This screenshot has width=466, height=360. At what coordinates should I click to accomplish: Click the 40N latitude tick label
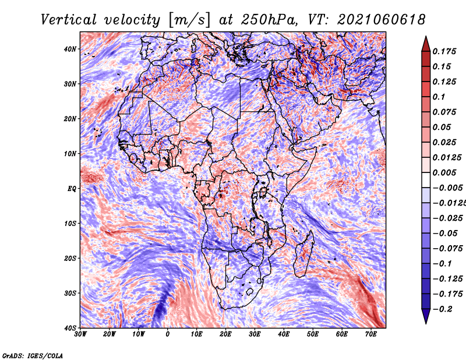click(x=70, y=49)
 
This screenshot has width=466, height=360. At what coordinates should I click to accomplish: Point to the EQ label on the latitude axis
click(x=72, y=189)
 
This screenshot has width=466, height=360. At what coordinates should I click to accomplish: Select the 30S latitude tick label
click(x=70, y=294)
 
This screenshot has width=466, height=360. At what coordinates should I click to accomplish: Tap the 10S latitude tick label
click(x=70, y=224)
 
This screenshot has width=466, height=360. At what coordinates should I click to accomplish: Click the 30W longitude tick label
click(x=80, y=334)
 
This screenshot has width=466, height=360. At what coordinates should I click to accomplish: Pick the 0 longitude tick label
click(x=168, y=334)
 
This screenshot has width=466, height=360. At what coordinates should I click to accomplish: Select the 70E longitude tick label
click(x=371, y=334)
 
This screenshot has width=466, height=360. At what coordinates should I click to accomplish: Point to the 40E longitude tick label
click(x=284, y=334)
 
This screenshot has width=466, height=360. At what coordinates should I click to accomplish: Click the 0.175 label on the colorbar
click(x=444, y=51)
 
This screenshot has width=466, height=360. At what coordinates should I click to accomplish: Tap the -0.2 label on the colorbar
click(x=443, y=309)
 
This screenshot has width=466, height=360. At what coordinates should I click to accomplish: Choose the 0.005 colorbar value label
click(x=444, y=172)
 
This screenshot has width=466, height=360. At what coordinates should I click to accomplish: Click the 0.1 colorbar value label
click(x=439, y=97)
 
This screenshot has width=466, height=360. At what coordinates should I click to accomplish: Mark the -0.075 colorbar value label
click(x=448, y=249)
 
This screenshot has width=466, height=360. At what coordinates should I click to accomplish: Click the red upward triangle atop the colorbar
click(x=426, y=44)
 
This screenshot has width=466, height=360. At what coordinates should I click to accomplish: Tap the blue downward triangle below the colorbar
click(x=426, y=316)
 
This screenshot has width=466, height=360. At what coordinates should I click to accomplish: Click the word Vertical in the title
click(x=69, y=20)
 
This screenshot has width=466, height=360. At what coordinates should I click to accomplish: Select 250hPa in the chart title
click(x=269, y=20)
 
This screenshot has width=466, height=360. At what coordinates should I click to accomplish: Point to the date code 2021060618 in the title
click(x=381, y=20)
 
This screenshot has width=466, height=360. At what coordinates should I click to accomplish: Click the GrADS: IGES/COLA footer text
click(x=33, y=356)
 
